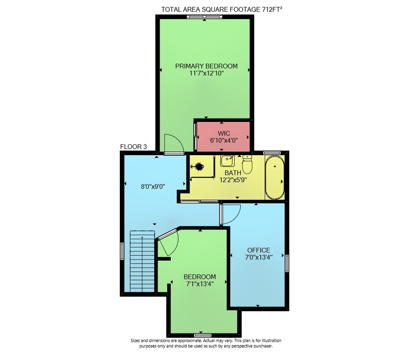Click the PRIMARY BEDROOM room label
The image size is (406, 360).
pyautogui.click(x=206, y=66)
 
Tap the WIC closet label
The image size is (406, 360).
pyautogui.click(x=224, y=134)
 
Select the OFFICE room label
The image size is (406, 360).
pyautogui.click(x=259, y=250)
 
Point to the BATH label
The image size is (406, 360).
pyautogui.click(x=233, y=173)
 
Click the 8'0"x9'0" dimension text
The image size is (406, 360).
pyautogui.click(x=153, y=187)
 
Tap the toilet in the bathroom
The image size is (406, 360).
pyautogui.click(x=247, y=164)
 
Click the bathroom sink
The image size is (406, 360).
pyautogui.click(x=227, y=161)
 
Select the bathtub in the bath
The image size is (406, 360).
pyautogui.click(x=275, y=177)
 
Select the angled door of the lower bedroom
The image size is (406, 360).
pyautogui.click(x=168, y=241)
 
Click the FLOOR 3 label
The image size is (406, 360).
pyautogui.click(x=133, y=147)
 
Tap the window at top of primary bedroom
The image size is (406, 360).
pyautogui.click(x=205, y=17)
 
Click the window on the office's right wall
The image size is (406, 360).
pyautogui.click(x=287, y=263)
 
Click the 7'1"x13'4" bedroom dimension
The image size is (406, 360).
pyautogui.click(x=200, y=284)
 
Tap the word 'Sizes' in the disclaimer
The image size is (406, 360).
pyautogui.click(x=135, y=340)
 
